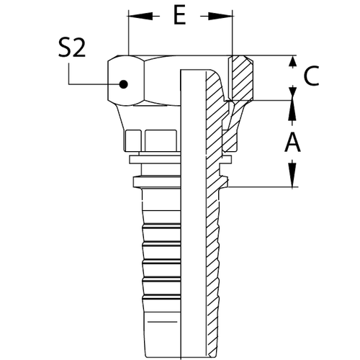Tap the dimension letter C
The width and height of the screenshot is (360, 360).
click(310, 77)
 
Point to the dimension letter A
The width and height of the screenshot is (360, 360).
click(292, 144)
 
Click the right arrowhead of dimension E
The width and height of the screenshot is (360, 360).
click(230, 15)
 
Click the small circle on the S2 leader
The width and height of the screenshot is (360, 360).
click(123, 85)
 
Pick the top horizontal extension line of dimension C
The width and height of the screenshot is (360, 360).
click(266, 57)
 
